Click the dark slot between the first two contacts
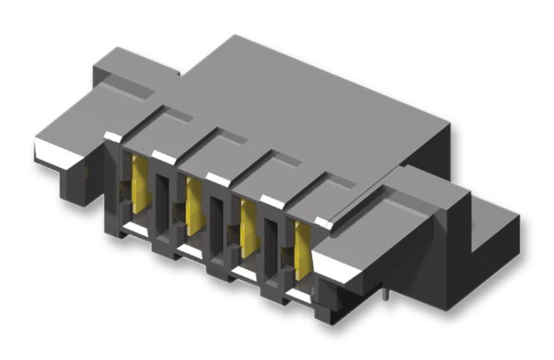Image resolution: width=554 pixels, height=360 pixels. (163, 205)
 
